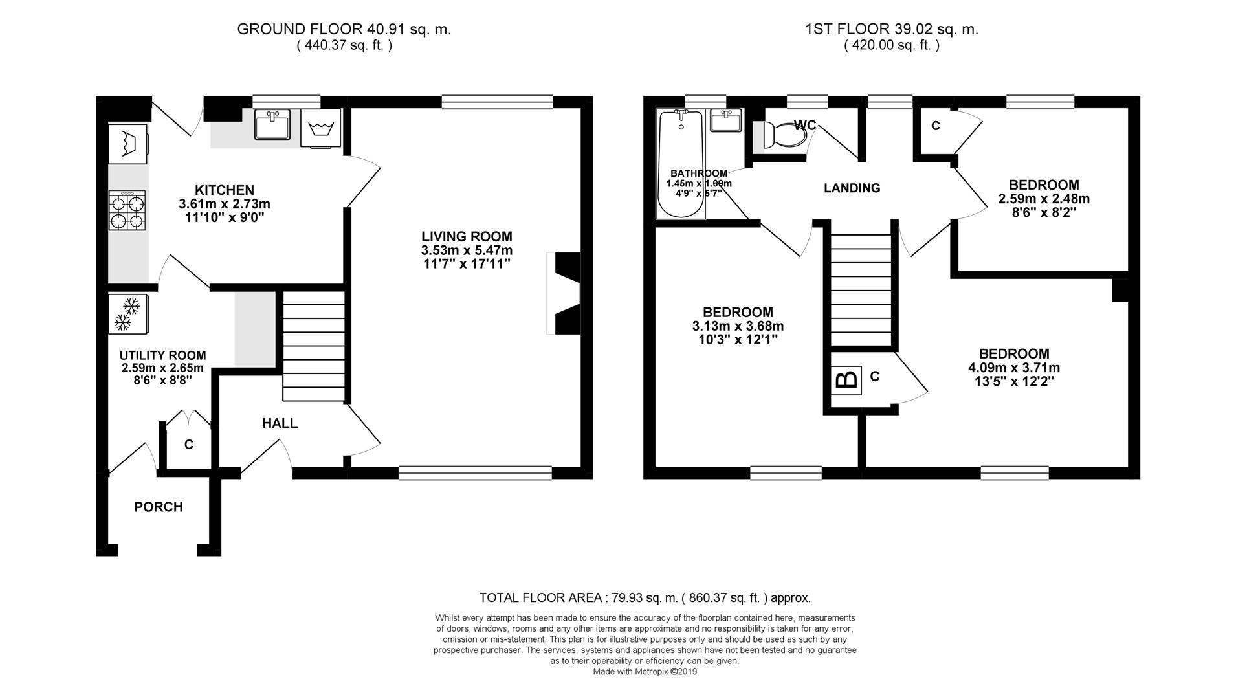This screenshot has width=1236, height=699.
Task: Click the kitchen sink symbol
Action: [x=272, y=124]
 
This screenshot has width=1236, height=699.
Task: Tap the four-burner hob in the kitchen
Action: [x=127, y=210]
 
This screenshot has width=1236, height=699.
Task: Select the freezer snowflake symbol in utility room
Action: [x=127, y=314]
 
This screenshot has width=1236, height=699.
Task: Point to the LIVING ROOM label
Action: [x=467, y=237]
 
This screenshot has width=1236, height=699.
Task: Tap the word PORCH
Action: [x=159, y=507]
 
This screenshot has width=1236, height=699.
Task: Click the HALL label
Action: [x=280, y=423]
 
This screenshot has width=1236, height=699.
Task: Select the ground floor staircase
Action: [x=314, y=346]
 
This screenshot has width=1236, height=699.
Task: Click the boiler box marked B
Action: [x=846, y=380]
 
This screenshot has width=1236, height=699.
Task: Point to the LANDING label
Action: [x=852, y=188]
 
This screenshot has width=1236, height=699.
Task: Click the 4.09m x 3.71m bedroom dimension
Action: [x=1013, y=368]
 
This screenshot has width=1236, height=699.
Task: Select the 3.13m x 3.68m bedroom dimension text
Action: [x=738, y=326]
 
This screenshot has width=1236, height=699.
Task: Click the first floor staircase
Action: [x=861, y=291]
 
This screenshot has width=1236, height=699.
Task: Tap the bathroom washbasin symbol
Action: [x=726, y=120]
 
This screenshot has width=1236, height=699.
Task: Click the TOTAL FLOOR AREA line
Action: [x=645, y=598]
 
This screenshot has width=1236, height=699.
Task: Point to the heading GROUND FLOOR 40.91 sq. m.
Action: [x=344, y=29]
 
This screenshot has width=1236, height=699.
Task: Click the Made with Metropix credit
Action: [x=645, y=672]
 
